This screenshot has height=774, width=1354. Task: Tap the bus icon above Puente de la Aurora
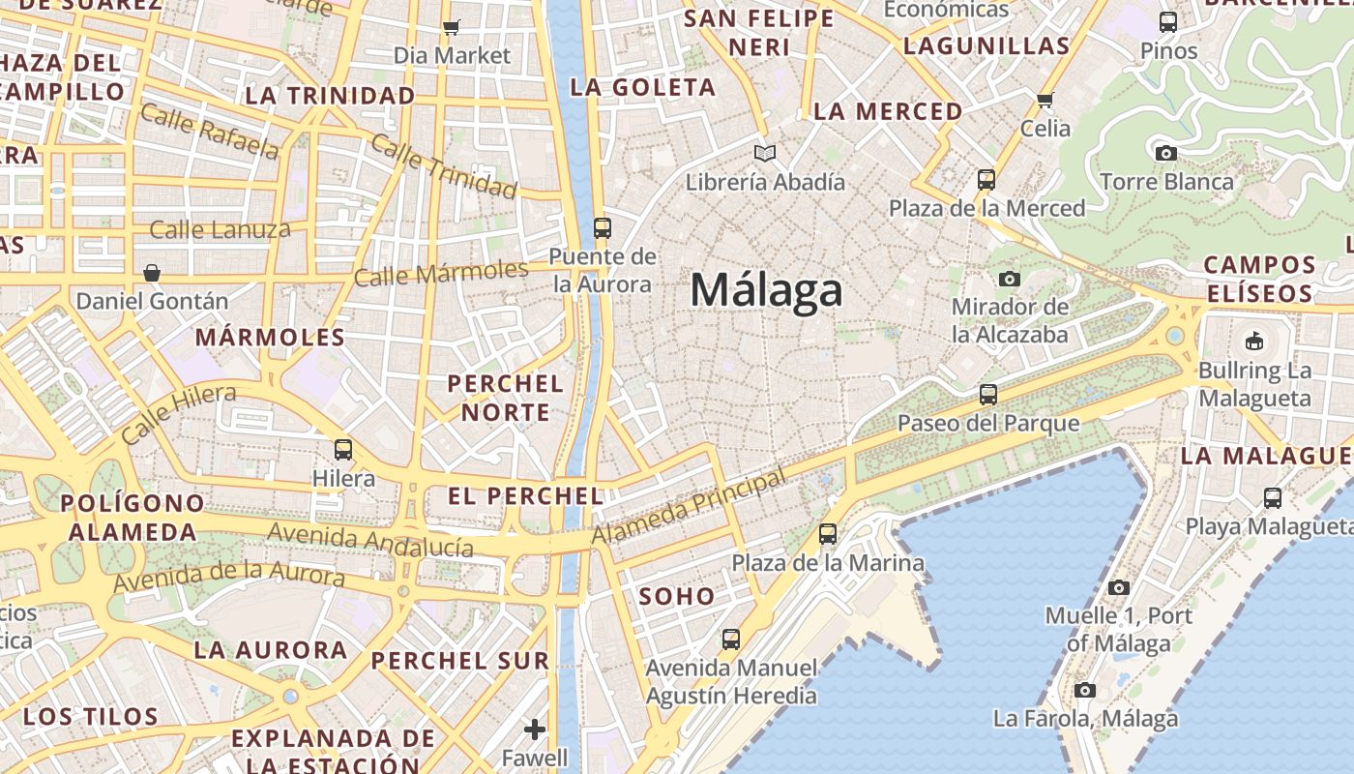coord(602,228)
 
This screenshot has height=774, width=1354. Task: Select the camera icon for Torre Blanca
coord(1166,153)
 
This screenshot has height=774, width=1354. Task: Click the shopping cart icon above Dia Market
coord(451,27)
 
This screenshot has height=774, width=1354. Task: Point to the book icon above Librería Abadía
coord(765,153)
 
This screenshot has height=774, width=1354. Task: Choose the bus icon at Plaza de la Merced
coord(986,179)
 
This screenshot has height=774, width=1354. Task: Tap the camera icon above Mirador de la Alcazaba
coord(1010,279)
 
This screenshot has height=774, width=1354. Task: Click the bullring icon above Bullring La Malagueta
coord(1254,341)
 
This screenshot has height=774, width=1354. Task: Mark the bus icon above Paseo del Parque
coord(987,394)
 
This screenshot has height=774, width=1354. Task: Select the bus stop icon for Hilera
coord(343,449)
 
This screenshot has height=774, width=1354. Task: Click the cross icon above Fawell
coord(535,729)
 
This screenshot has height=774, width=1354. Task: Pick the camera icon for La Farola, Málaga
coord(1085,690)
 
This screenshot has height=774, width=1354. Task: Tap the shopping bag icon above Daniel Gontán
coord(152,272)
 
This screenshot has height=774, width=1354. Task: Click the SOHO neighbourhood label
coord(677,596)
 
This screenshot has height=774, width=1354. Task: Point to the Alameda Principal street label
coord(688,508)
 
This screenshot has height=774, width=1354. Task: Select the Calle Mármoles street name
coord(441,274)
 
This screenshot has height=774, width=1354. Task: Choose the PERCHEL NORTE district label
coord(505,398)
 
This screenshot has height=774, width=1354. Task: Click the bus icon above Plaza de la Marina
coord(827,533)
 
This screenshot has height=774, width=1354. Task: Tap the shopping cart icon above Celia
coord(1045,100)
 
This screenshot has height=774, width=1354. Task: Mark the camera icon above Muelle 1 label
coord(1119,587)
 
